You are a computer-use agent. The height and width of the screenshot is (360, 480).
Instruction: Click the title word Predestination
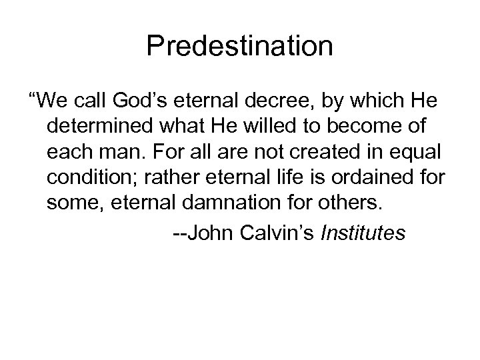pos(240,47)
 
